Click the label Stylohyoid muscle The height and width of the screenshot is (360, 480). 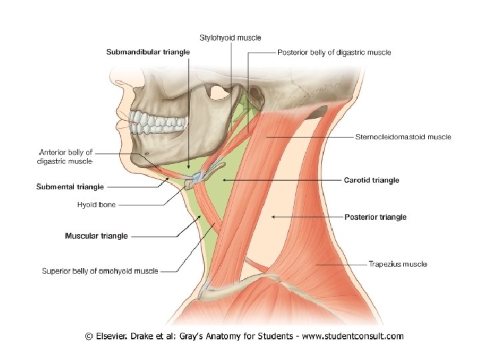click(230, 37)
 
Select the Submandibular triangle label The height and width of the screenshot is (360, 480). click(148, 51)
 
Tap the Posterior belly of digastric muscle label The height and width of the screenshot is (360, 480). click(334, 52)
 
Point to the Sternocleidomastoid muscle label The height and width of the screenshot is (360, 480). click(402, 137)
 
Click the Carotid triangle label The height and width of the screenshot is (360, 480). click(371, 180)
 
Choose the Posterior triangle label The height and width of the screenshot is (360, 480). click(375, 217)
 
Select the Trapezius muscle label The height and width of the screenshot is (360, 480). click(397, 264)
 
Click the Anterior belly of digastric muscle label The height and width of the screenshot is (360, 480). click(66, 156)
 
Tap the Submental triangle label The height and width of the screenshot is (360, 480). click(70, 187)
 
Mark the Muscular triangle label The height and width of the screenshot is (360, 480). click(96, 235)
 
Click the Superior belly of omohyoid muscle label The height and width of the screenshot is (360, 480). click(100, 271)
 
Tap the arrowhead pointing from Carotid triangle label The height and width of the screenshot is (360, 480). click(225, 180)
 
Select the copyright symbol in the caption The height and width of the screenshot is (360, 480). click(89, 336)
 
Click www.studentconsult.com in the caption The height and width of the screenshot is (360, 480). click(353, 336)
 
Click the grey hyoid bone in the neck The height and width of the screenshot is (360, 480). click(202, 177)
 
